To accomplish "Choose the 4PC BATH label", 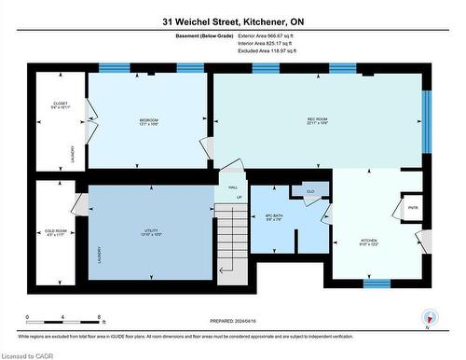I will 273,217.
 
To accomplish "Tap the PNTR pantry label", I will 412,205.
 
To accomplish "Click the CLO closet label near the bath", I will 308,191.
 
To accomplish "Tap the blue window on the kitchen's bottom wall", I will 376,283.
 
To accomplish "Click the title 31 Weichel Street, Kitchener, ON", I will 232,21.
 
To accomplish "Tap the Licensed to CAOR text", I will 29,353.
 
